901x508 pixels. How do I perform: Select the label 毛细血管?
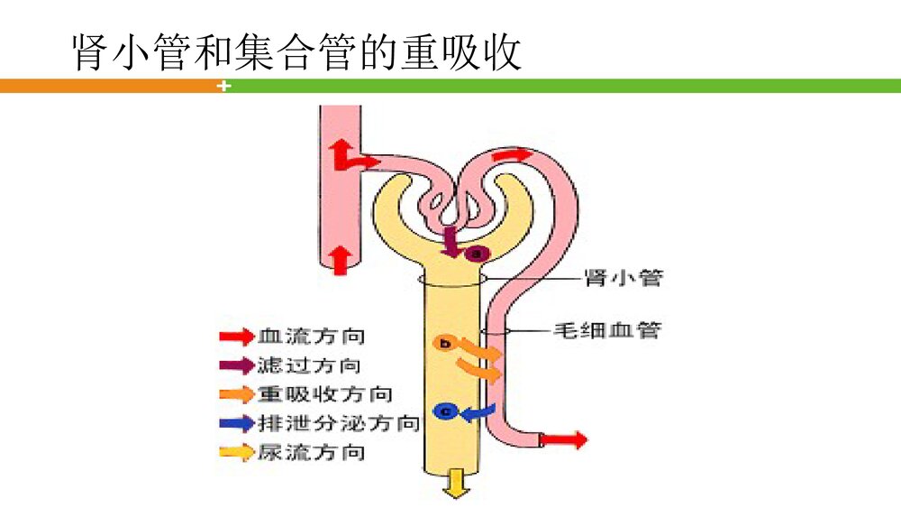tap(606, 330)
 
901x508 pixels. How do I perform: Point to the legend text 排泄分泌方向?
tap(338, 423)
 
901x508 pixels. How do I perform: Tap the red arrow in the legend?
tap(236, 337)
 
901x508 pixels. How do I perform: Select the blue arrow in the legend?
tap(236, 423)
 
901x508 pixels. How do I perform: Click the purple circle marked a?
tap(478, 254)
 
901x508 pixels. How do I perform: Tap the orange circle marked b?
tap(442, 343)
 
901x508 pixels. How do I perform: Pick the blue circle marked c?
tap(442, 411)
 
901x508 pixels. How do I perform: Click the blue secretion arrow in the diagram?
tap(478, 411)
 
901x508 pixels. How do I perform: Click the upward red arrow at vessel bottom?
tap(340, 259)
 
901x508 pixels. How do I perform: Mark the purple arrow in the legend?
tap(236, 365)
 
